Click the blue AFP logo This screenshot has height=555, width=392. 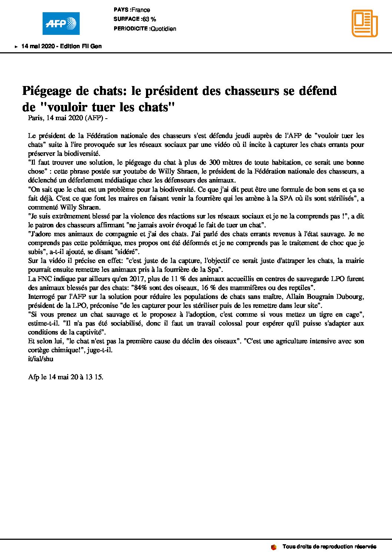pyautogui.click(x=61, y=23)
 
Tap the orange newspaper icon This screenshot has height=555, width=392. pyautogui.click(x=365, y=23)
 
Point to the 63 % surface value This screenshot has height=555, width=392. pyautogui.click(x=149, y=19)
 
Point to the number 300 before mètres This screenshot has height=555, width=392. pyautogui.click(x=215, y=162)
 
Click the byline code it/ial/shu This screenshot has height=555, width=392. pyautogui.click(x=41, y=359)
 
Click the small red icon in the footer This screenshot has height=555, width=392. pyautogui.click(x=274, y=547)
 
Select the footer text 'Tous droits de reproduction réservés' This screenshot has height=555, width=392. pyautogui.click(x=329, y=547)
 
